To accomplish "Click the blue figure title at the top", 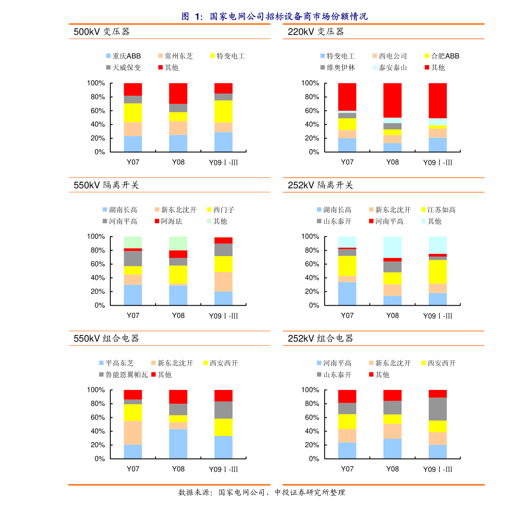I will (x=274, y=16).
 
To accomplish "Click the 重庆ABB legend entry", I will (x=124, y=56).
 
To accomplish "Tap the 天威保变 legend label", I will (x=124, y=68).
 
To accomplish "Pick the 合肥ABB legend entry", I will (x=442, y=56).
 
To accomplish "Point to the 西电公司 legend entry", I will (x=390, y=56).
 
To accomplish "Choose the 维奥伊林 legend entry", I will (x=338, y=68).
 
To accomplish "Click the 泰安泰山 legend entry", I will (x=390, y=68).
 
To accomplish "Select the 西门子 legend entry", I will (x=221, y=210).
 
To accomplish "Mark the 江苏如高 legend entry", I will (x=438, y=210).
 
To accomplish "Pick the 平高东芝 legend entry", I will (x=117, y=363).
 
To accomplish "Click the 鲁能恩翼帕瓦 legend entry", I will (x=124, y=375).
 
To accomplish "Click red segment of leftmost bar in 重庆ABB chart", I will (x=133, y=89).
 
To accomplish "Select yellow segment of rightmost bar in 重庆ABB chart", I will (x=223, y=111).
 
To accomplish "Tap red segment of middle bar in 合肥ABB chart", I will (x=392, y=100).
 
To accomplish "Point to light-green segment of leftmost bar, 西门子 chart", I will (x=133, y=242).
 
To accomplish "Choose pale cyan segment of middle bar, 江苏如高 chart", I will (x=392, y=247).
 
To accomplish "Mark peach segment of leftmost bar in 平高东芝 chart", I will (x=133, y=432).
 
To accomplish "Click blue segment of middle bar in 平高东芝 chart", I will (x=178, y=444).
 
